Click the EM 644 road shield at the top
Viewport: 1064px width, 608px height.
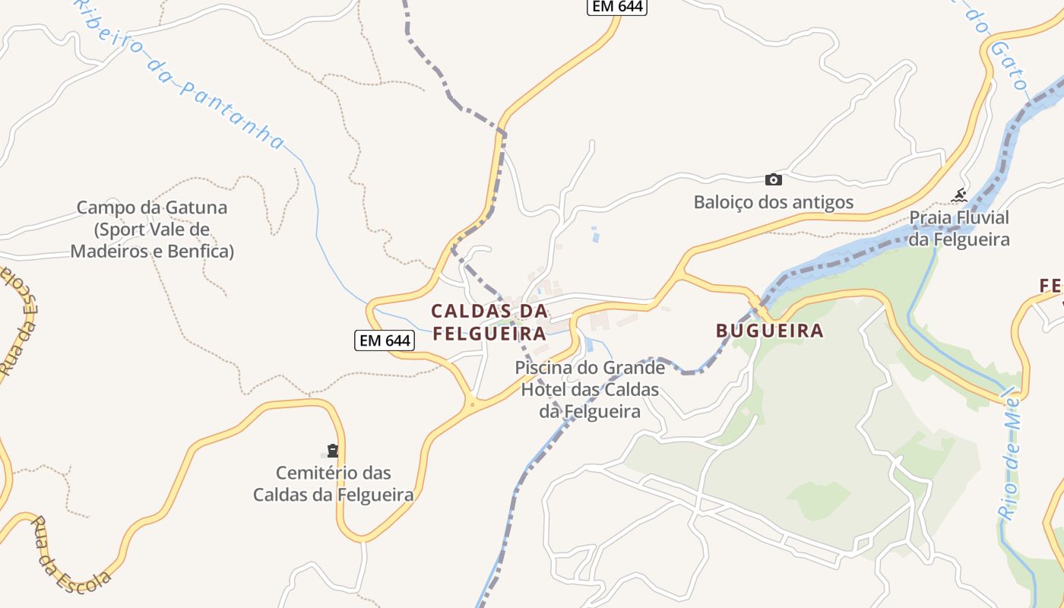(616, 7)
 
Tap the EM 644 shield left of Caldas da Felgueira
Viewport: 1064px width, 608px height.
(385, 340)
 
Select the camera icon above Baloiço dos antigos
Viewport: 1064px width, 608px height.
(773, 179)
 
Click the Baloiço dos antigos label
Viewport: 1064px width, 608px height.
(774, 202)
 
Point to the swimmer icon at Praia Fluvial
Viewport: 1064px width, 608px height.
(959, 195)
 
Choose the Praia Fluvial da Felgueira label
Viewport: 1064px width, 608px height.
(960, 229)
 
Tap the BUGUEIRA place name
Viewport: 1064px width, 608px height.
(770, 331)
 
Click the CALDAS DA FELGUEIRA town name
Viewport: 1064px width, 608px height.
(489, 322)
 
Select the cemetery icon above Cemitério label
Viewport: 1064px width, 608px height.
(332, 451)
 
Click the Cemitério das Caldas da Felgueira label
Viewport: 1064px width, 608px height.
(333, 484)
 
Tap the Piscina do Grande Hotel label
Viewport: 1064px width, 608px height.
(591, 389)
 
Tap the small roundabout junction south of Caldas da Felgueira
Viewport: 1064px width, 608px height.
(472, 404)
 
